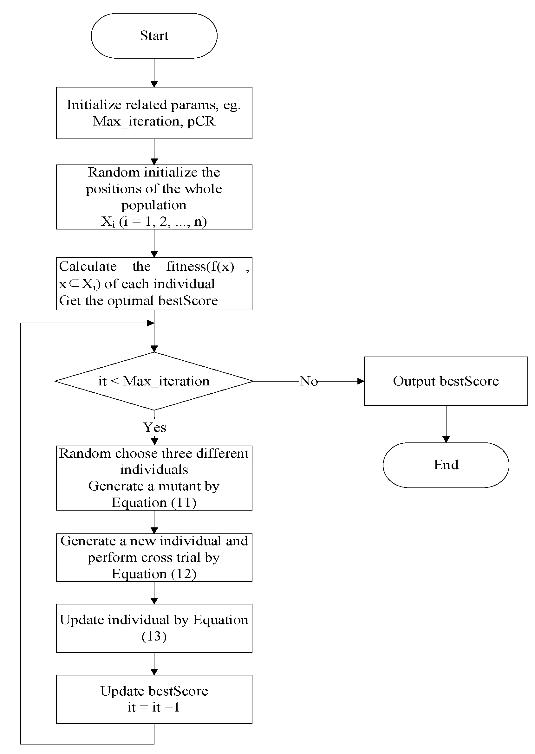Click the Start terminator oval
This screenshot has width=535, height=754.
pos(154,36)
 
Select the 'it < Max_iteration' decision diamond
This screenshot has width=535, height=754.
pos(154,381)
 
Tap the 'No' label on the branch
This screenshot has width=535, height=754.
pos(309,381)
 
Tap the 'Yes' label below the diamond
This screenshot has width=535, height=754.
pos(154,427)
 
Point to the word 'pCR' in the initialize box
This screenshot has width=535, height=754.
pos(201,121)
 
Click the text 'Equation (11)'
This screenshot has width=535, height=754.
pos(154,502)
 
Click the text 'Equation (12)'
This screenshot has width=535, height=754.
pos(154,574)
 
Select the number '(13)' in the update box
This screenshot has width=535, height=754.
pos(154,636)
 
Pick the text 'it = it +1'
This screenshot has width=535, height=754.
pos(154,707)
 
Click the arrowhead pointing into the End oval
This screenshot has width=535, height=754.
pos(446,439)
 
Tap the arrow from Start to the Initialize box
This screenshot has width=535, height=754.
pos(154,73)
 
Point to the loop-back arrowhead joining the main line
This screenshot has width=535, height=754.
pos(150,323)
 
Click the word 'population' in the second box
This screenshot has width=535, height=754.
pos(154,205)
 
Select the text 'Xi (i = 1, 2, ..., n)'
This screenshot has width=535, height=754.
pos(154,222)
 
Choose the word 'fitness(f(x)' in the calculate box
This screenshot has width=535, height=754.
pos(200,266)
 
